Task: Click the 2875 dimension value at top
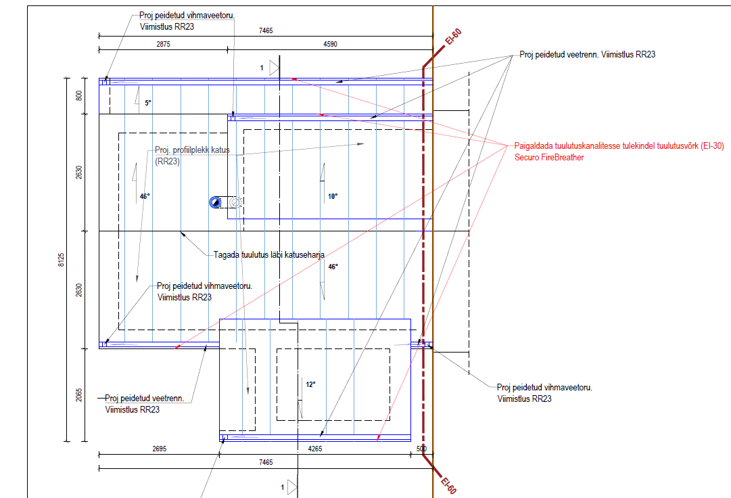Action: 163,44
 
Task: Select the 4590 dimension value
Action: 330,44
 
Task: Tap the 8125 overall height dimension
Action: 61,260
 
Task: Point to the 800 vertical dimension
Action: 79,95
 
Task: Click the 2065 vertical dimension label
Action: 79,395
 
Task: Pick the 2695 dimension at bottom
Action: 160,449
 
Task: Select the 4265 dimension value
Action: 315,449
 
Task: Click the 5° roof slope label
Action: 148,103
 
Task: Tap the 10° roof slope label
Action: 333,196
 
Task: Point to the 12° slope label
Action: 310,385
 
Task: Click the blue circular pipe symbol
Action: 215,202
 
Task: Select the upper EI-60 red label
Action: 453,37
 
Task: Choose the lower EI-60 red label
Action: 448,485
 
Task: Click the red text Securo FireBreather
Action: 549,158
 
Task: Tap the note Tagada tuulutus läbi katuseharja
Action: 269,255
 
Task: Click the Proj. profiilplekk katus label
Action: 192,150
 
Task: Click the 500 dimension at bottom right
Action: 421,449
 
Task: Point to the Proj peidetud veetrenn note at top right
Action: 588,55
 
